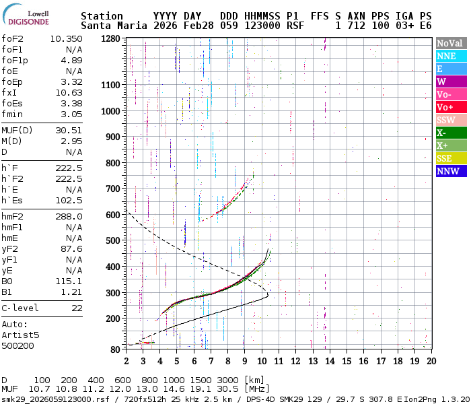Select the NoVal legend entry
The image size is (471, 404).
point(449,43)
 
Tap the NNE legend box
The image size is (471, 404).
point(449,56)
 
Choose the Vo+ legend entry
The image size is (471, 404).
point(449,107)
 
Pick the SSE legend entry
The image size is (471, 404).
point(449,158)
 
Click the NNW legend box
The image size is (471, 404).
point(449,171)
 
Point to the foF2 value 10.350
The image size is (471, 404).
point(66,39)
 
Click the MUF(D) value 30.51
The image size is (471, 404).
point(69,130)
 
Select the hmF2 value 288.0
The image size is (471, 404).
point(69,216)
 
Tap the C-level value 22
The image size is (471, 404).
point(77,308)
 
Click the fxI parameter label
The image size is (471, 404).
point(9,92)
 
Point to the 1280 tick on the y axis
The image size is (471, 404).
point(110,39)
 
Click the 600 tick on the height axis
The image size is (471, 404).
point(112,215)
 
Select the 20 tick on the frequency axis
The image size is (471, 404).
point(431,361)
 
